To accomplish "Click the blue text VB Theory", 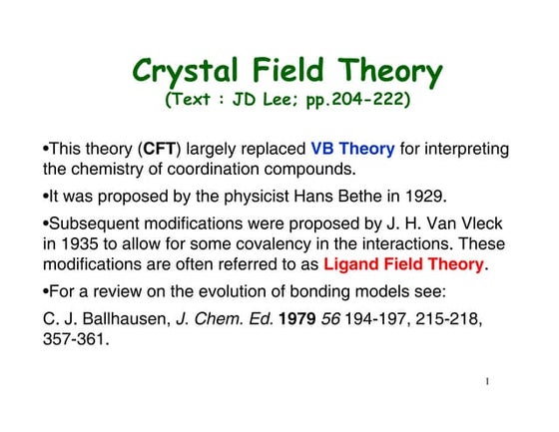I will [352, 150].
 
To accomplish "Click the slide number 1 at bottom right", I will [485, 382].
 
